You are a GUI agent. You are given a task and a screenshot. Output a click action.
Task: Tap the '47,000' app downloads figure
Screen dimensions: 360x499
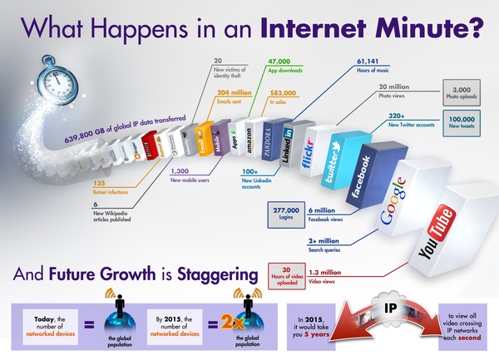279,62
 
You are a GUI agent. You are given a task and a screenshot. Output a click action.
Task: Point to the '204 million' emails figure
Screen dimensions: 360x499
235,93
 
